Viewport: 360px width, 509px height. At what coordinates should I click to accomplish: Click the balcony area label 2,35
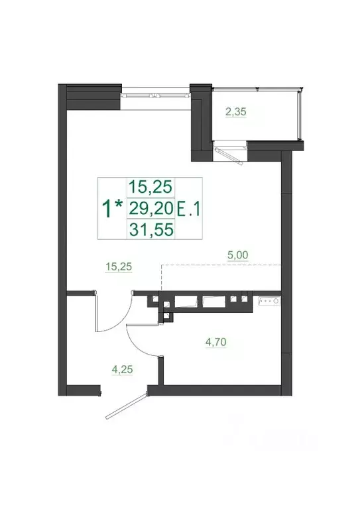click(x=235, y=112)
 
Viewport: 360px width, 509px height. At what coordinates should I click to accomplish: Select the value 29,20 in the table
click(x=149, y=209)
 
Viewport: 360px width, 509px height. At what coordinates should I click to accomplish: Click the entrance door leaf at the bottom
click(x=125, y=406)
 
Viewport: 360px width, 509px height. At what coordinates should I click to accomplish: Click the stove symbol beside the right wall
click(x=270, y=302)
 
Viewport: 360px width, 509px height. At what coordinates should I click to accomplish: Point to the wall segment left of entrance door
click(x=85, y=386)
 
